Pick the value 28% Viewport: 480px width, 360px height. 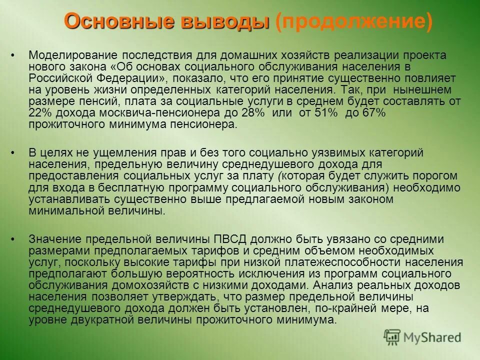pyautogui.click(x=253, y=113)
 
